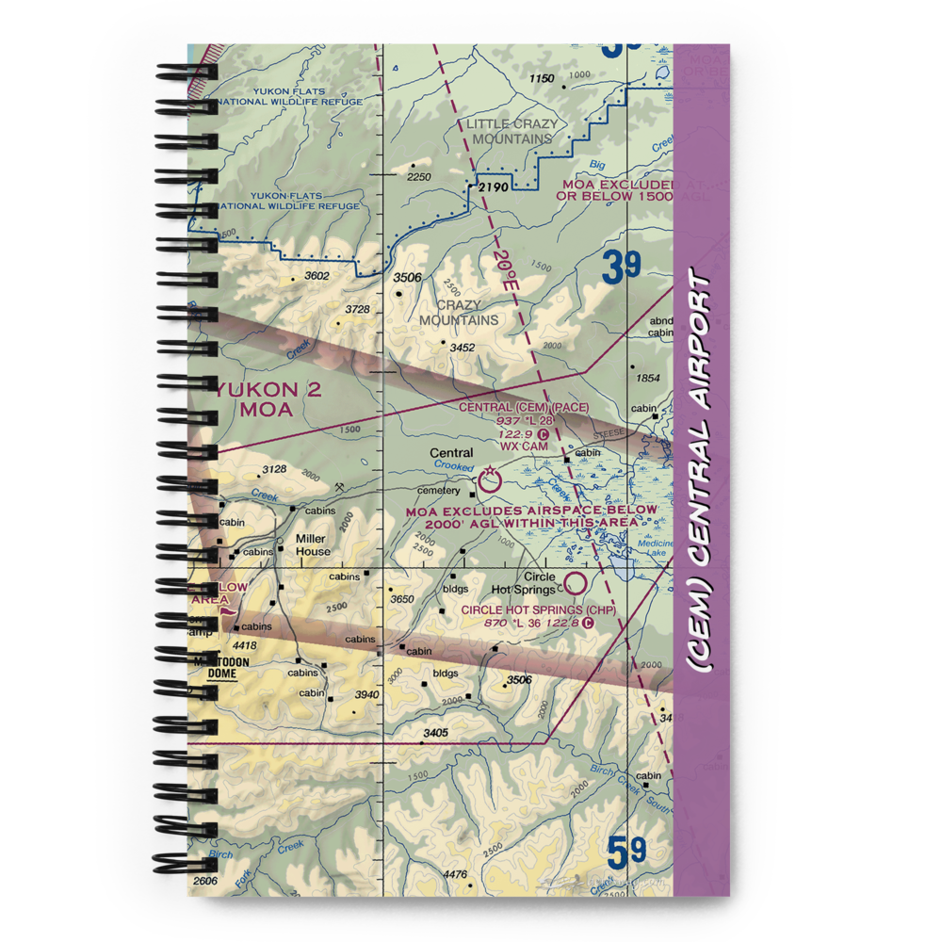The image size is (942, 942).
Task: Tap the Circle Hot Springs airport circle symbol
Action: coord(574,583)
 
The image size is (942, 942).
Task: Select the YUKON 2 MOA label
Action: coord(266,399)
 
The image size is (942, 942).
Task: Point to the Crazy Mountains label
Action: coord(459,313)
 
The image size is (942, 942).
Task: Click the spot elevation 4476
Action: coord(455,875)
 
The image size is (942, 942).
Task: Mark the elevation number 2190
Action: coord(492,187)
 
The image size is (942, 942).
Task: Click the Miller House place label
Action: coord(313,544)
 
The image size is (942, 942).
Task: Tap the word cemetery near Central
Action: coord(439,490)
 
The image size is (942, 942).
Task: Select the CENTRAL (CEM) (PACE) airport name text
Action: coord(524,408)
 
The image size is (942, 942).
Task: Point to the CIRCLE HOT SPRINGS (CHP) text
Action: coord(538,609)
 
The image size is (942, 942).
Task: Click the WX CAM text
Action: coord(523,446)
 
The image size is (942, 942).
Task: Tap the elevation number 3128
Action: coord(274,469)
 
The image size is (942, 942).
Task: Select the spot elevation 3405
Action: coord(436,733)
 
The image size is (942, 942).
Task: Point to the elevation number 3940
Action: coord(366,695)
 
